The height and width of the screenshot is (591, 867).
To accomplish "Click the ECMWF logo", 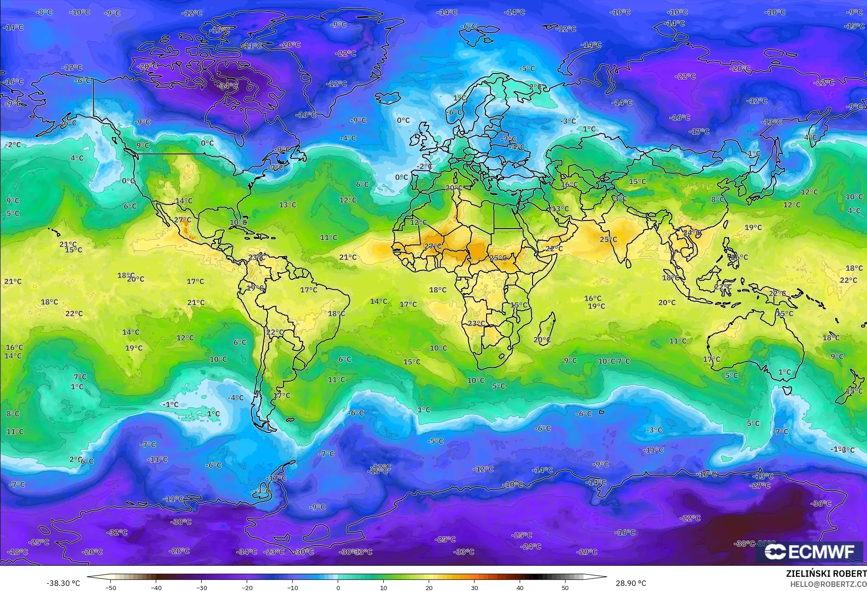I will [810, 552].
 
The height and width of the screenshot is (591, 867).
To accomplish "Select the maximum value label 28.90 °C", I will [630, 583].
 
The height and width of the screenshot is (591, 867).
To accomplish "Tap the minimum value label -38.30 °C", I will [63, 583].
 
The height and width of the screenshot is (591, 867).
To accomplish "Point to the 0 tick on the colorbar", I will [338, 587].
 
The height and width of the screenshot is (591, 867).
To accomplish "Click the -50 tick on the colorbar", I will [111, 587].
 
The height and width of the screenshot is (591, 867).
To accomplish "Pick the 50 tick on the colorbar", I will [565, 587].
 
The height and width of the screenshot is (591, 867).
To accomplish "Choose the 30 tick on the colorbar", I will [474, 587].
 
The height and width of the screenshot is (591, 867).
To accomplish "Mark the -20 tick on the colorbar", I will [247, 587].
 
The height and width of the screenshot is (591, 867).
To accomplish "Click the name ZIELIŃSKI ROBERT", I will [826, 574].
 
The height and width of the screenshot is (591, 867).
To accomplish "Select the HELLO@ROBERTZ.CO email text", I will [828, 584].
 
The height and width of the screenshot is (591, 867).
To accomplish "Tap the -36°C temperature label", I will [821, 503].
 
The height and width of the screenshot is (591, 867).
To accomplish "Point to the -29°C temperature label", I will [587, 552].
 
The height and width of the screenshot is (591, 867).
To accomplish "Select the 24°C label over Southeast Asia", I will [691, 233].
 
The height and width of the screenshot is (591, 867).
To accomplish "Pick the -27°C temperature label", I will [760, 485].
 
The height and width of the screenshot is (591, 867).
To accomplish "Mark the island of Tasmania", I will [787, 390].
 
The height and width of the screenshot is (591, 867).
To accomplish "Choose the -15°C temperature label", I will [854, 26].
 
